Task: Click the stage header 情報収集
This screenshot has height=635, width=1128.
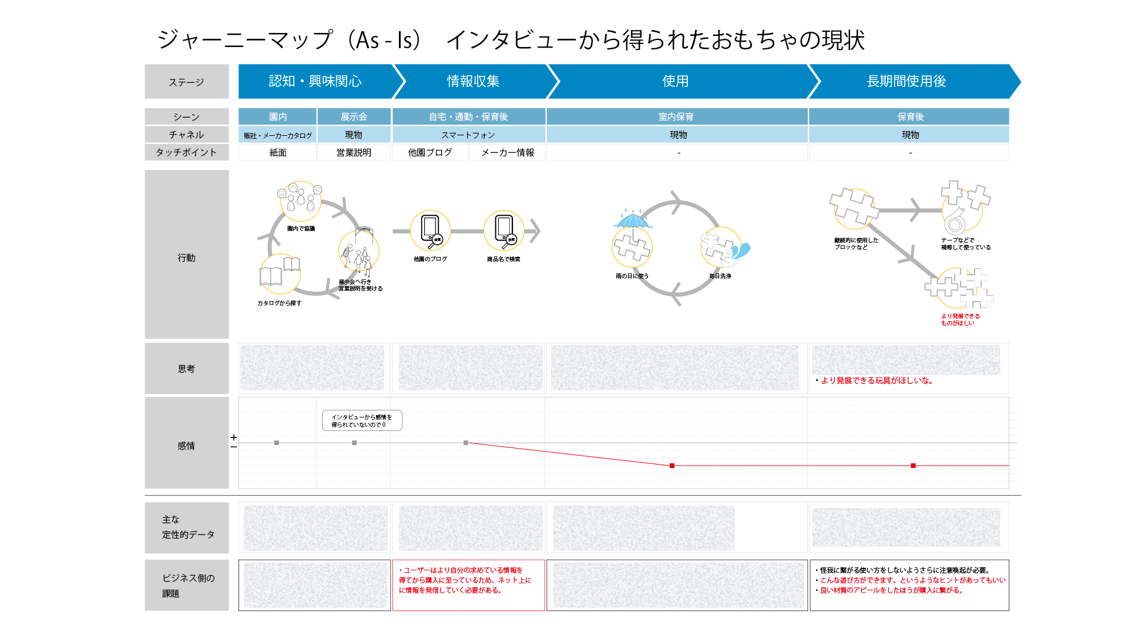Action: (473, 81)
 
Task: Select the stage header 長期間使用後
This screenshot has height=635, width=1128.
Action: (907, 81)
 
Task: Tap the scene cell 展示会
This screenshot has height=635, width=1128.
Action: (354, 116)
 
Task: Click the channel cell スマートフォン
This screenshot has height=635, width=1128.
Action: (468, 135)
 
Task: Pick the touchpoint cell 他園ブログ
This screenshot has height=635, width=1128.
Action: (430, 152)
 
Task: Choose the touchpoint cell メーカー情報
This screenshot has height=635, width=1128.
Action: (508, 152)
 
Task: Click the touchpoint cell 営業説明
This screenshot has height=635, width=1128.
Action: (354, 152)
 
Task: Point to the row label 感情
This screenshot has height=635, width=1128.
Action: (186, 446)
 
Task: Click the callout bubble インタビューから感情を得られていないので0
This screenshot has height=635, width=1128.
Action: (362, 420)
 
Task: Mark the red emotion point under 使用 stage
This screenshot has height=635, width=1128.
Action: (672, 466)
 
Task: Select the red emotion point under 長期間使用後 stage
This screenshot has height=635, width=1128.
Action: (913, 466)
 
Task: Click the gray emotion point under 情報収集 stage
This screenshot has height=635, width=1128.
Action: (466, 443)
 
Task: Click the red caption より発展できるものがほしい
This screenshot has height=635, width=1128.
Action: (960, 319)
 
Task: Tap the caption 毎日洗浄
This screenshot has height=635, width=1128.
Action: (720, 276)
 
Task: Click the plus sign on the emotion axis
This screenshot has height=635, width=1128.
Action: (234, 437)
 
